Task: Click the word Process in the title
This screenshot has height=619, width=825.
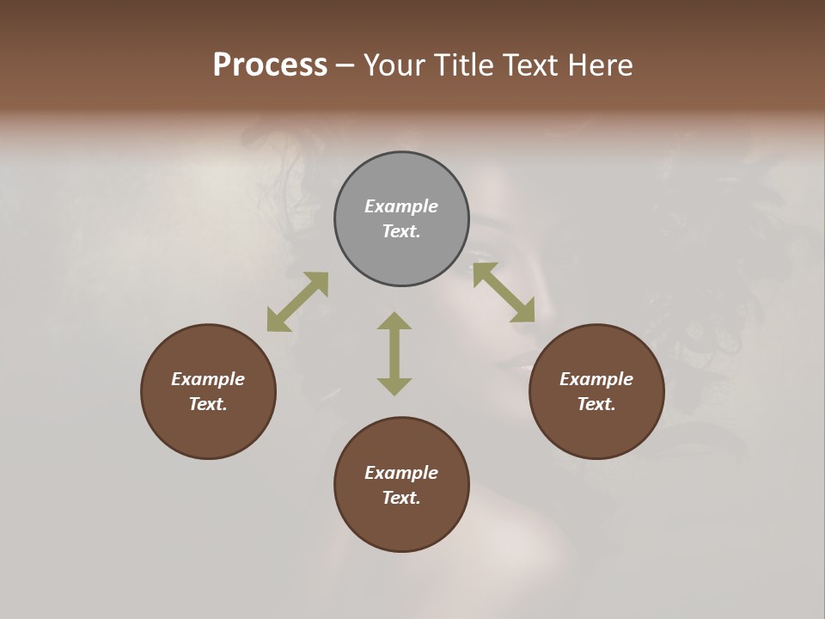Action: pos(270,65)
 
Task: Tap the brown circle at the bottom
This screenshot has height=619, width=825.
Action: pos(401,524)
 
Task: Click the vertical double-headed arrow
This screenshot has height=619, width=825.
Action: pos(394,353)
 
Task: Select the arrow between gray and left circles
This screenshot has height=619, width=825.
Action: pos(297,302)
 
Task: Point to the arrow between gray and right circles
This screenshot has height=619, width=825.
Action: pos(504,292)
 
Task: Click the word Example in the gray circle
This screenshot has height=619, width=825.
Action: pos(401,206)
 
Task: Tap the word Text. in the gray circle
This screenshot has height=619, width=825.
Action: pos(401,231)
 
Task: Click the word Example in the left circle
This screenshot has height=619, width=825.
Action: pos(208,379)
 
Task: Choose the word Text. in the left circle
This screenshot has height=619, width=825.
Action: pos(208,404)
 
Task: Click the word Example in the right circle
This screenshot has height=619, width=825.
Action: pos(596,379)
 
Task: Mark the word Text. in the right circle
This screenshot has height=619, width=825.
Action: pos(596,404)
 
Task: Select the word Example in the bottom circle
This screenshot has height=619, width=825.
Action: pos(401,473)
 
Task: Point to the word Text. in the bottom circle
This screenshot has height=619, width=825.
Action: pos(401,498)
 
